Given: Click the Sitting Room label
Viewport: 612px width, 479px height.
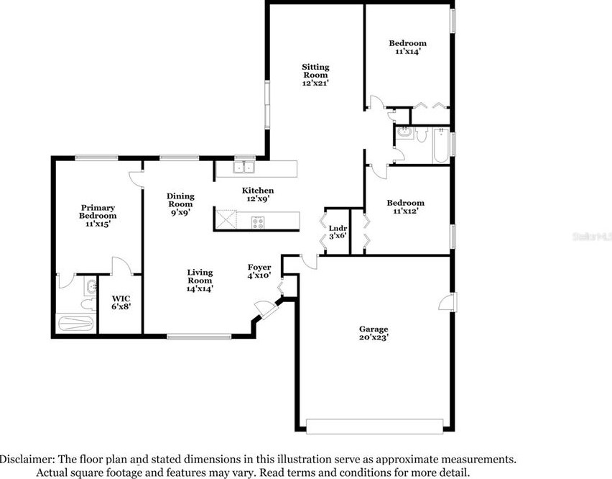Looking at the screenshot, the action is point(315,70).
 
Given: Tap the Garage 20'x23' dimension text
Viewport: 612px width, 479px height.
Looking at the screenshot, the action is point(374,337).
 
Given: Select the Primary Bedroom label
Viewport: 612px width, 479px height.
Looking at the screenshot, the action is point(98,211).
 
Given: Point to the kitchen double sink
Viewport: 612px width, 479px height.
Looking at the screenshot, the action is point(244,168).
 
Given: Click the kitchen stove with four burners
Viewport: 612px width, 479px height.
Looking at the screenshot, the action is point(258,223).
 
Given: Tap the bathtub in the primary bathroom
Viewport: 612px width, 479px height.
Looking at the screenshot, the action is point(75,324).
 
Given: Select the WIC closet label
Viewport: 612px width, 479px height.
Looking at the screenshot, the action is point(121,299).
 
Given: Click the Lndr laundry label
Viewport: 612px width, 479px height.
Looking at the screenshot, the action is point(338,228).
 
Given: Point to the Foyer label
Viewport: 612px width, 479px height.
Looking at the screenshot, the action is point(259,268).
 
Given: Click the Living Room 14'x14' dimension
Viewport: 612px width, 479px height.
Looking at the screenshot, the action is point(200,288).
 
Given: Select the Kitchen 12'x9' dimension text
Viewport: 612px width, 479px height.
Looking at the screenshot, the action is point(258,199).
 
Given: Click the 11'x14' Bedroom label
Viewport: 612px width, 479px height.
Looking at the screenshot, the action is point(408,43).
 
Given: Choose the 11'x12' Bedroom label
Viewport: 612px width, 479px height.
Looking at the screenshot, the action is point(406,202).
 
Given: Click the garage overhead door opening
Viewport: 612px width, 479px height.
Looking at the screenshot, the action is point(375,426).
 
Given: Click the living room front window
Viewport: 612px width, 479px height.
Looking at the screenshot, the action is point(199,337).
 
